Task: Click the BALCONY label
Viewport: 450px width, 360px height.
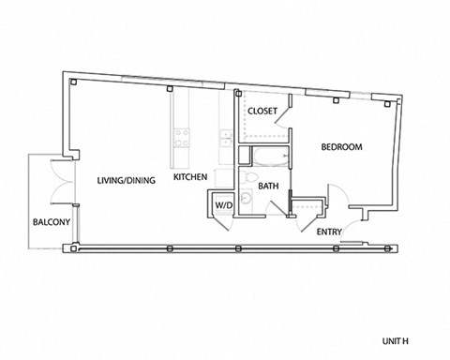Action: [x=48, y=222]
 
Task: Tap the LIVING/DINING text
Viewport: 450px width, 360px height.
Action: [x=126, y=178]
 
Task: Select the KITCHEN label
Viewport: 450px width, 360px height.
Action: [x=189, y=176]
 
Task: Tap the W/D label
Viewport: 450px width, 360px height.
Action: [x=223, y=204]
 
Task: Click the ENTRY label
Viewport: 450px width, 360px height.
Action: [x=329, y=232]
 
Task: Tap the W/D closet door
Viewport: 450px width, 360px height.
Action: [x=223, y=221]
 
